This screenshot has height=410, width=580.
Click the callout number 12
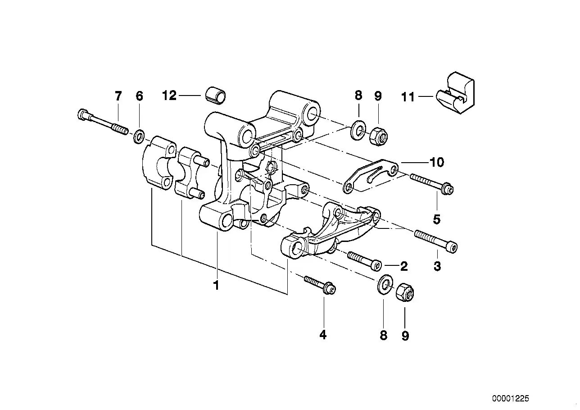point(169,96)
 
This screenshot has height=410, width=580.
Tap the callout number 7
point(118,96)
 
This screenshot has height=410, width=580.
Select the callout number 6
point(139,96)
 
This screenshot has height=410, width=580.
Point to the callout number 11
point(408,97)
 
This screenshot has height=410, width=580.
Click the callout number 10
point(437,162)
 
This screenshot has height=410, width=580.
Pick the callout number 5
point(436,219)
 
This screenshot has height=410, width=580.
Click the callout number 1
point(216,285)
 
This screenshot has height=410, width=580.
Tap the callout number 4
point(323,335)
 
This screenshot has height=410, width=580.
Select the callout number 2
point(404,266)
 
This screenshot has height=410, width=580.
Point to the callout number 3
point(437,266)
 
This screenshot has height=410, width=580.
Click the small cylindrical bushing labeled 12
point(215,96)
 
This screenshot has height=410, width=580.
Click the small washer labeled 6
point(139,137)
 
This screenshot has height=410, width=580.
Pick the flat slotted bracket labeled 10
point(371,176)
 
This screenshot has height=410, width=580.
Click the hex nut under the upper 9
point(378,136)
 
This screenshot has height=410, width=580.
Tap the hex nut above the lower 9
point(405,292)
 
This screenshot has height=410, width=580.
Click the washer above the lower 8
point(384,284)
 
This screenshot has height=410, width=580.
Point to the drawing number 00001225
point(511,398)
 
